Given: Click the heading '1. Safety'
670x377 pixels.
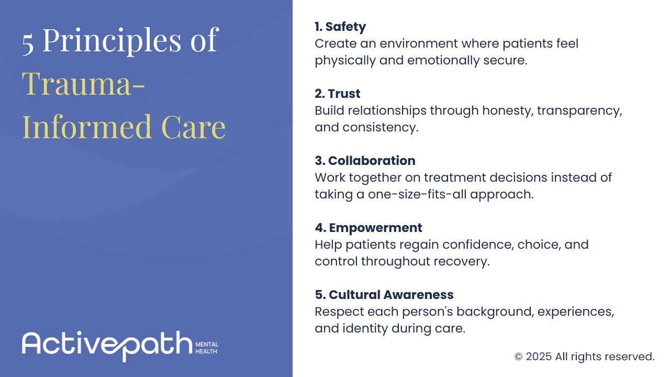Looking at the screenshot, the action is (x=340, y=27).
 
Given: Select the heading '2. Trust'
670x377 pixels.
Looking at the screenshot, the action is (x=338, y=94).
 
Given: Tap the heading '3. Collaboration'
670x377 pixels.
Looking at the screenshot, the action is (x=365, y=161).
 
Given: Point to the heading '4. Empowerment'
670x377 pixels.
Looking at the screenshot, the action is (x=368, y=228).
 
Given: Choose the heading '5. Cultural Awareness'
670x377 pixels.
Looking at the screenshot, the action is (x=384, y=295).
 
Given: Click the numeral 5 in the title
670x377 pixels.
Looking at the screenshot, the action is (x=28, y=45).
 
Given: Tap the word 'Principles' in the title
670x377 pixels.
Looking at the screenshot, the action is (x=112, y=41).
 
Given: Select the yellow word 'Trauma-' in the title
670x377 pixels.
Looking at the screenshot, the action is (x=84, y=83).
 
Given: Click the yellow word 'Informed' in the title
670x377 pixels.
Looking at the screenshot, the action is (x=87, y=126).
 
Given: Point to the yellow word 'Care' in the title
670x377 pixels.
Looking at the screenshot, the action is (x=193, y=127).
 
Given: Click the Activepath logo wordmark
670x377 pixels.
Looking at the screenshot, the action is (x=107, y=346).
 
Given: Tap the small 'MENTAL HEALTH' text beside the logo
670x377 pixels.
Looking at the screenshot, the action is (x=207, y=348).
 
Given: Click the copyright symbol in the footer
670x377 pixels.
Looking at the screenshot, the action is (x=518, y=357).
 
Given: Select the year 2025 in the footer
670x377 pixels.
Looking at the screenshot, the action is (x=539, y=357).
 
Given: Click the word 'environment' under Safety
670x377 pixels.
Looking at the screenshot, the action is (x=419, y=43).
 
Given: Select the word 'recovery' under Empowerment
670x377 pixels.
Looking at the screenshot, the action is (x=462, y=262).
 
